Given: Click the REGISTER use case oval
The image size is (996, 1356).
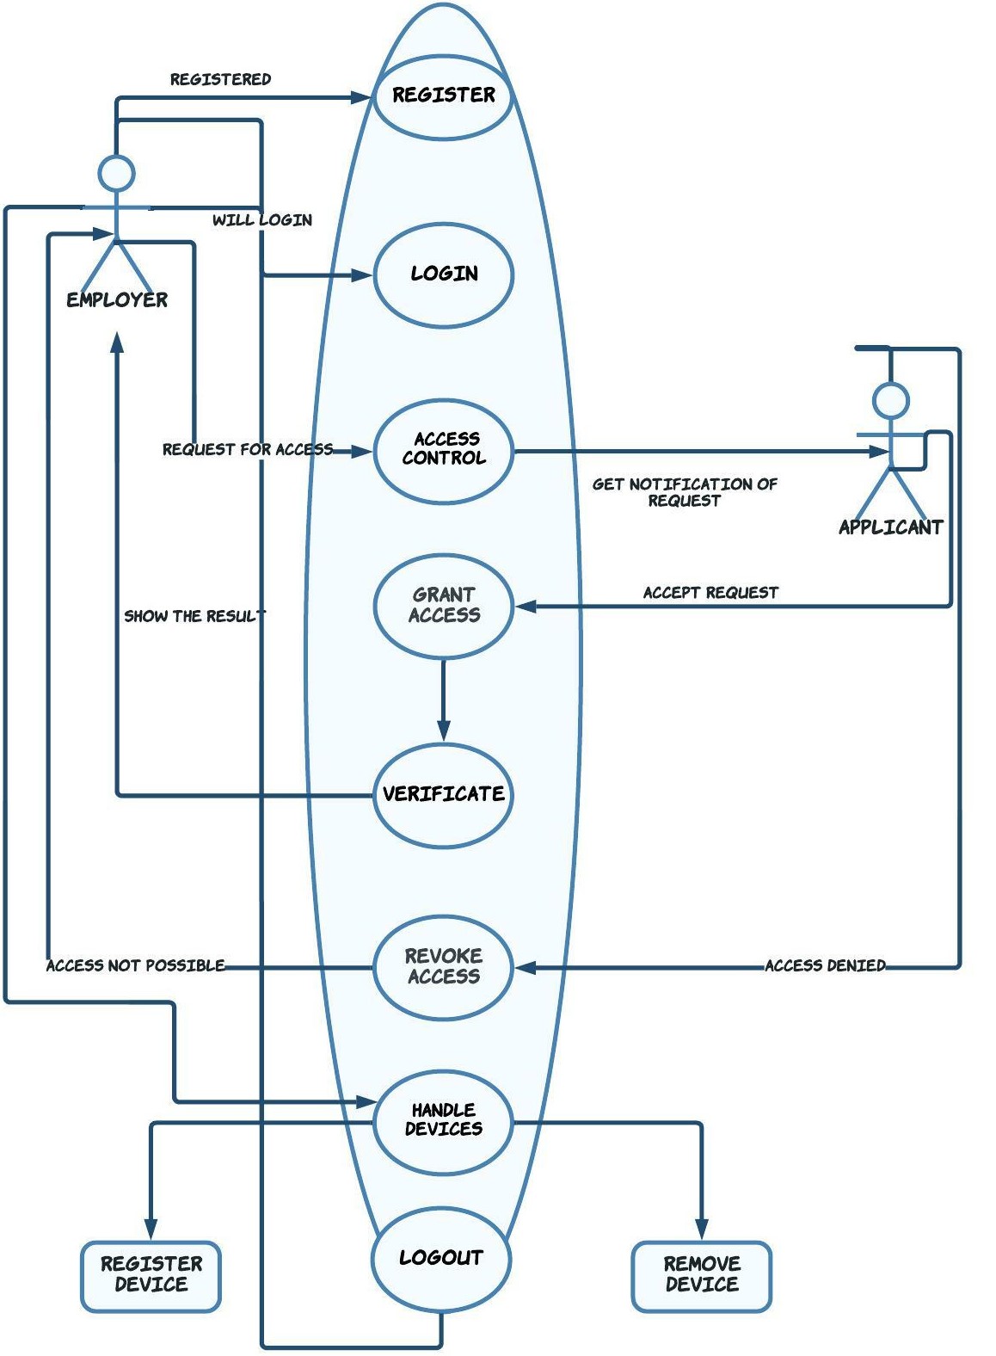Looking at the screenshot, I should [x=443, y=96].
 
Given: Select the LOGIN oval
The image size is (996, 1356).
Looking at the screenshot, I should [x=443, y=274].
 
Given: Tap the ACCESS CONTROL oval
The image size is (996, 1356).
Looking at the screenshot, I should [x=443, y=450].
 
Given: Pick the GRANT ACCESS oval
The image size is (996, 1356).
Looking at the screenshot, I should [x=443, y=606].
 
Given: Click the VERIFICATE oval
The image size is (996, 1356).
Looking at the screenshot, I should [x=443, y=794].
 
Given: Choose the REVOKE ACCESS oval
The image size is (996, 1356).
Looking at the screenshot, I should [x=443, y=966].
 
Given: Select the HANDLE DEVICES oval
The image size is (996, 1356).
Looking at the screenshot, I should [x=443, y=1120].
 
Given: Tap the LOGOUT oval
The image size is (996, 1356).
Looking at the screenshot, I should [x=440, y=1258].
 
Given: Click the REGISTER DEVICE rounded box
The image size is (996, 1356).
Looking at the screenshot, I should [x=151, y=1275].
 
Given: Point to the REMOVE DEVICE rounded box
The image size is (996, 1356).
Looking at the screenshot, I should [x=701, y=1275].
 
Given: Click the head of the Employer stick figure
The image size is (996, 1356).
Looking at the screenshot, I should [x=116, y=173].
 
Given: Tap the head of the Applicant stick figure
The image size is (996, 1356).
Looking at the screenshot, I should [x=890, y=401].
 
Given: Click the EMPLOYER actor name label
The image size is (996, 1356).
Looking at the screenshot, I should [x=117, y=300].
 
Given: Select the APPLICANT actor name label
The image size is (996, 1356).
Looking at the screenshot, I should [x=890, y=527].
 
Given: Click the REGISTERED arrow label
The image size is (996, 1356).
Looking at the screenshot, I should [x=220, y=79].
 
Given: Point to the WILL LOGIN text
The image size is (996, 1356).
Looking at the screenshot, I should [x=262, y=220].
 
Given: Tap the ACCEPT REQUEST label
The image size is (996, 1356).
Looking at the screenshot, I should [x=710, y=593].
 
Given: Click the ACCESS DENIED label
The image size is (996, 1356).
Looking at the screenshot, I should [x=825, y=965].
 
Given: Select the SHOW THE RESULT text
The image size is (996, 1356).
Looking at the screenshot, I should [x=194, y=616].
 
